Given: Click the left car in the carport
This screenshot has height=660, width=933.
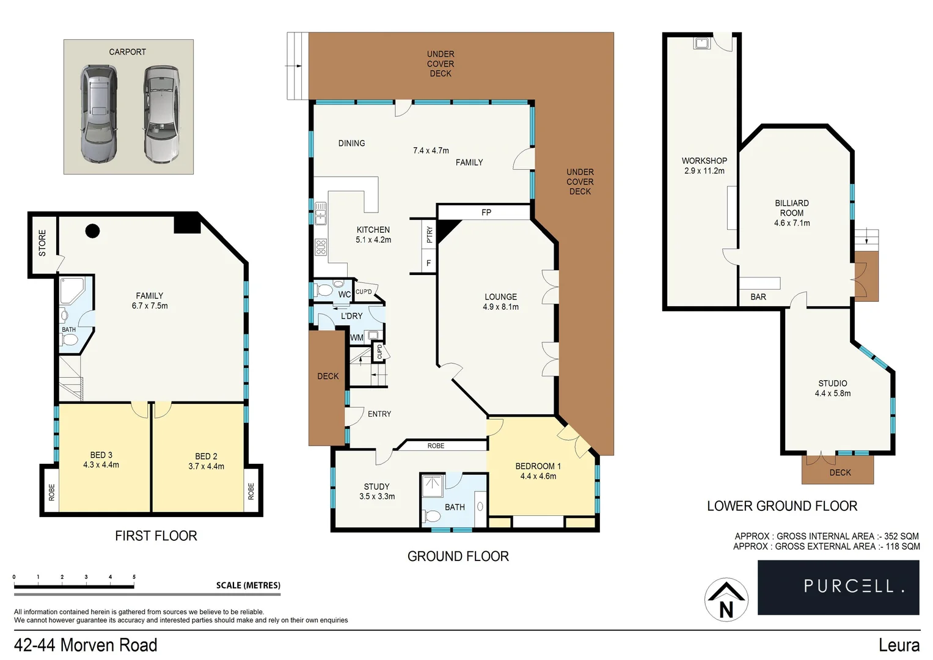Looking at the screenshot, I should click(98, 114).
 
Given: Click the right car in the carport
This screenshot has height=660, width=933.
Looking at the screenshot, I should click(162, 114).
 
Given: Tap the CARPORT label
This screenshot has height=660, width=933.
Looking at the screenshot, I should click(127, 52).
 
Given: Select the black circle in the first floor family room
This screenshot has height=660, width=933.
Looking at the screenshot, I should click(92, 230).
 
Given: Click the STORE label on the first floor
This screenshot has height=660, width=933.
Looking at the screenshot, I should click(42, 243).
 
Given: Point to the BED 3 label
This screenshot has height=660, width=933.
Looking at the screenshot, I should click(101, 455).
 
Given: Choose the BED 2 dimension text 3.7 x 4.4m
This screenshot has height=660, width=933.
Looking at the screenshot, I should click(206, 466).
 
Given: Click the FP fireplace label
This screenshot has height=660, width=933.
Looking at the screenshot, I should click(486, 213).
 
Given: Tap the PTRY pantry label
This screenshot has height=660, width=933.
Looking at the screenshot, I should click(430, 235).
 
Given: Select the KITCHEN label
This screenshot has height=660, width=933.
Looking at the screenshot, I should click(373, 230).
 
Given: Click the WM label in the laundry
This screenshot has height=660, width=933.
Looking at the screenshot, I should click(357, 337).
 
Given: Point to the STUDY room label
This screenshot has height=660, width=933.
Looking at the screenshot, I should click(376, 486).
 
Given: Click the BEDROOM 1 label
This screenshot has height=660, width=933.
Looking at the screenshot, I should click(538, 466).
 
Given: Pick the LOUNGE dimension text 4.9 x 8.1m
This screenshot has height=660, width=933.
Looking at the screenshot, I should click(500, 307).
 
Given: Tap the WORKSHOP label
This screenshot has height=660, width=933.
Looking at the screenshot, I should click(704, 161).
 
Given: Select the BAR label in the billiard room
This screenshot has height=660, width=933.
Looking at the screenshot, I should click(758, 297).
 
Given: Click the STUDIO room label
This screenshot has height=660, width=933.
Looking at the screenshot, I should click(832, 383).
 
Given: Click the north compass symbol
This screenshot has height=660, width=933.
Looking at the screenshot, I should click(726, 599).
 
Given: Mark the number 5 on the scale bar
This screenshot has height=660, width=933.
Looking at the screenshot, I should click(134, 577).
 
